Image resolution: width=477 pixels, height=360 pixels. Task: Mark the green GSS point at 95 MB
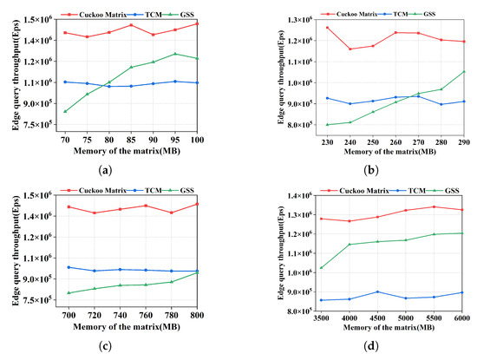click(x=175, y=54)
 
